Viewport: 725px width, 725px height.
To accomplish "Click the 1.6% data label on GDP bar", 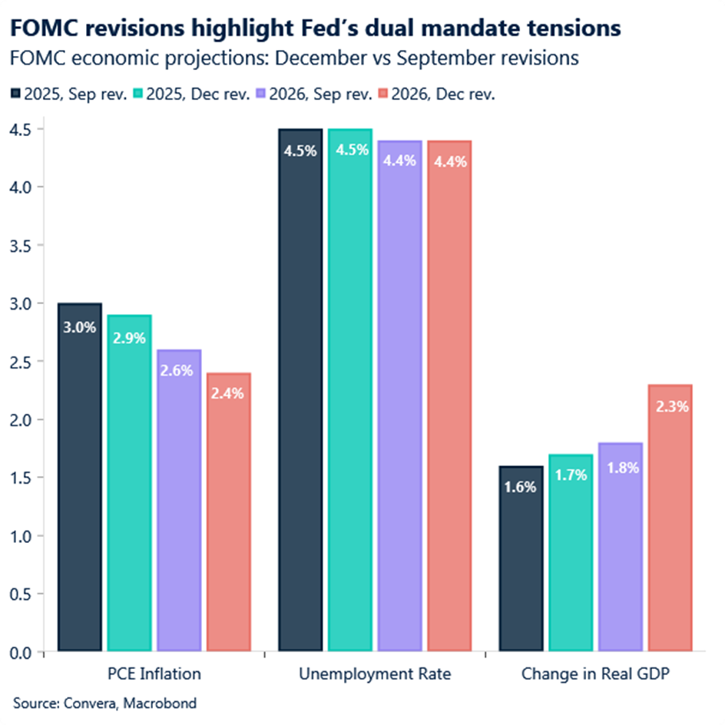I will pyautogui.click(x=521, y=486).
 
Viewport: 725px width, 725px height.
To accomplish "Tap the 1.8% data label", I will pyautogui.click(x=621, y=467).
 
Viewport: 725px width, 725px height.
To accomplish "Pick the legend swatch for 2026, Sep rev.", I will pyautogui.click(x=263, y=94).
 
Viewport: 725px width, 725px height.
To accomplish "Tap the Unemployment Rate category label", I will pyautogui.click(x=375, y=674).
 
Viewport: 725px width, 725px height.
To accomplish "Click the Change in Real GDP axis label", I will pyautogui.click(x=596, y=674).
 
